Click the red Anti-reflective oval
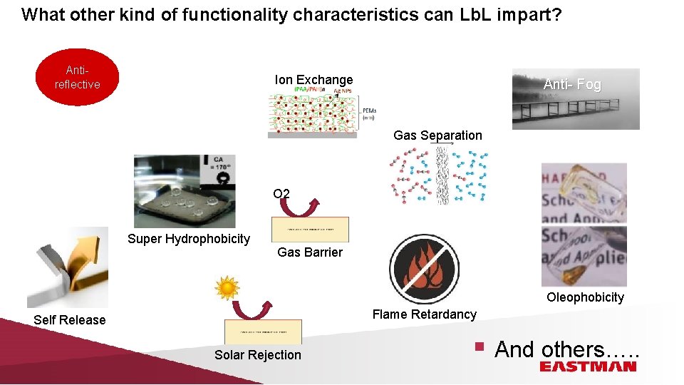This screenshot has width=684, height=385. click(78, 78)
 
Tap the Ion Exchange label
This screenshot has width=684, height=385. click(313, 80)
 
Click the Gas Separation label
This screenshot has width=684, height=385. click(437, 135)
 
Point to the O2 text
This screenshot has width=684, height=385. click(281, 193)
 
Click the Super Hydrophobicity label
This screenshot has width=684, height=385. click(188, 239)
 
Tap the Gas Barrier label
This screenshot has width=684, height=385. click(309, 252)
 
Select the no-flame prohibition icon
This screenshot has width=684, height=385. click(425, 269)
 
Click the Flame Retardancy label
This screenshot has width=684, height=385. click(424, 314)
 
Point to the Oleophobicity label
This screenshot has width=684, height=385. click(585, 297)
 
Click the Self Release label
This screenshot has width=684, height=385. click(69, 320)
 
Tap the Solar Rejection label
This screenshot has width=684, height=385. click(258, 355)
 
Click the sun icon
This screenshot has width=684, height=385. click(227, 288)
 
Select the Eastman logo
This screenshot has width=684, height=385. click(587, 366)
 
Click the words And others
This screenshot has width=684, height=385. click(566, 349)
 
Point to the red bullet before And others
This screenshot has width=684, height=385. click(480, 348)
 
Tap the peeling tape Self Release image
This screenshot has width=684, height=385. click(68, 267)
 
